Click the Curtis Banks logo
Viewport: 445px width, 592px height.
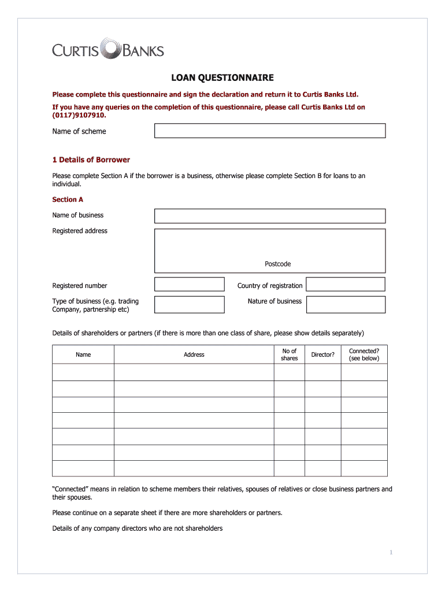pyautogui.click(x=108, y=50)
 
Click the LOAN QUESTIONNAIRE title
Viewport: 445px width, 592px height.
pyautogui.click(x=222, y=77)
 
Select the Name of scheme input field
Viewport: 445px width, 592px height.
pyautogui.click(x=269, y=131)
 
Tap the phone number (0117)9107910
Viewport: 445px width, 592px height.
pyautogui.click(x=79, y=115)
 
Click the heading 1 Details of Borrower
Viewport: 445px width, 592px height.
pyautogui.click(x=91, y=160)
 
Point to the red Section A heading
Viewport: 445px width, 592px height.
pyautogui.click(x=68, y=199)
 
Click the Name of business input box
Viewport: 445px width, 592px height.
pyautogui.click(x=269, y=216)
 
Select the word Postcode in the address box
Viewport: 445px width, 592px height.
pyautogui.click(x=277, y=264)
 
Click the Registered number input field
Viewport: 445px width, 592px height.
pyautogui.click(x=189, y=284)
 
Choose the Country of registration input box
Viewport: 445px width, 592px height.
pyautogui.click(x=345, y=284)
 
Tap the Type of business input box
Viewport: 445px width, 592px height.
pyautogui.click(x=189, y=305)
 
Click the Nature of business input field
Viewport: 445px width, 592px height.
pyautogui.click(x=345, y=305)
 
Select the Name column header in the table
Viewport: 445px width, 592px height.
pyautogui.click(x=83, y=354)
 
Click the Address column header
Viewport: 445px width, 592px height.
pyautogui.click(x=194, y=354)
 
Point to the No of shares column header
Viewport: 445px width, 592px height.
pyautogui.click(x=289, y=354)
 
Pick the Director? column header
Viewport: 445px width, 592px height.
pyautogui.click(x=322, y=354)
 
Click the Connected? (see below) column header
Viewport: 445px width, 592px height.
pyautogui.click(x=364, y=354)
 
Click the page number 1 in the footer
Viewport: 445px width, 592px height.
pyautogui.click(x=391, y=553)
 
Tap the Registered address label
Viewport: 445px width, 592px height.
pyautogui.click(x=80, y=231)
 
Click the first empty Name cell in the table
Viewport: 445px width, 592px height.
pyautogui.click(x=83, y=372)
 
